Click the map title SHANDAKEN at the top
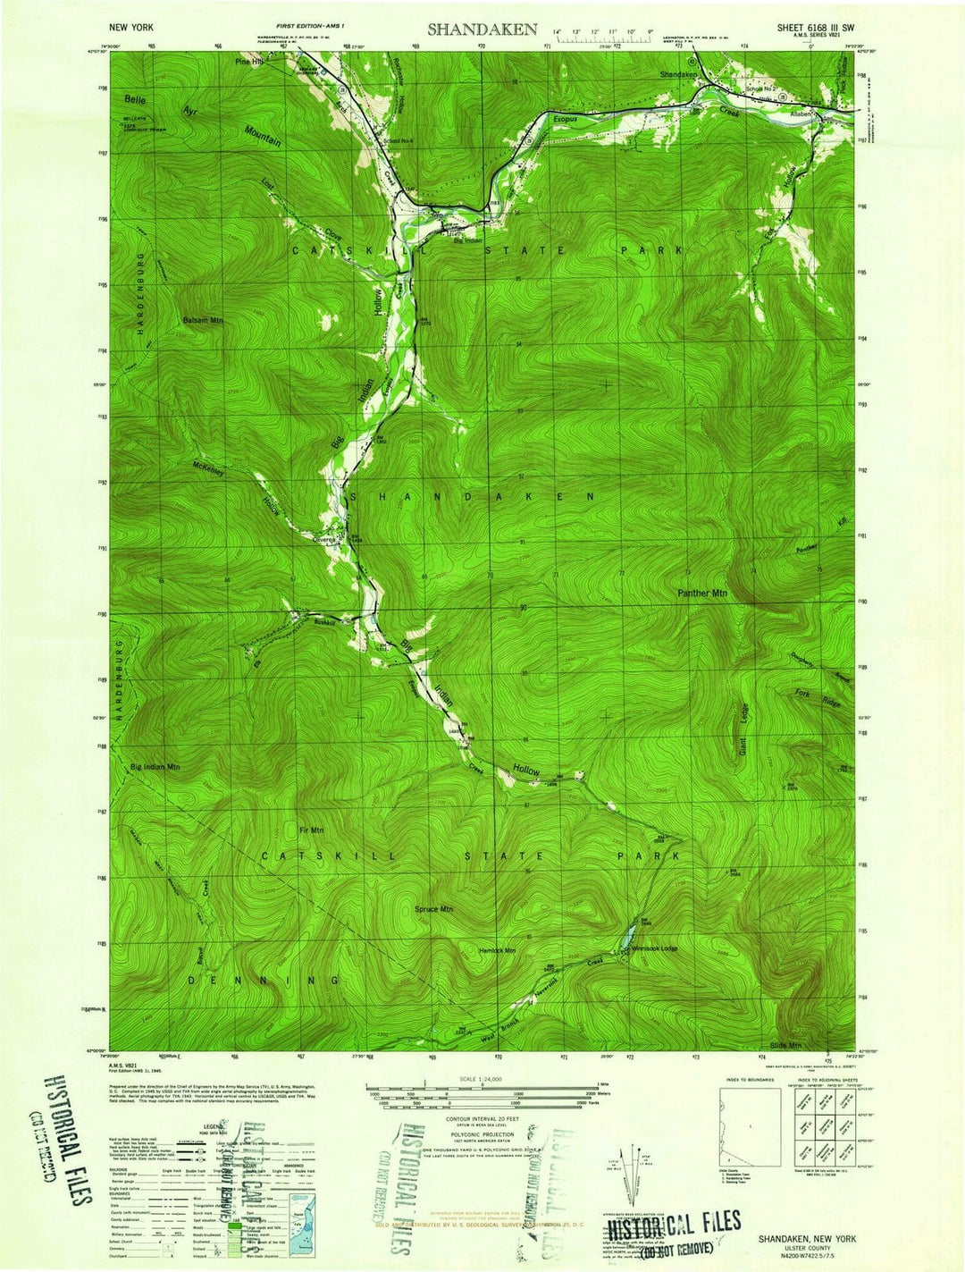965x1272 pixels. tap(482, 29)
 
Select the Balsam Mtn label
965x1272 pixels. tap(203, 319)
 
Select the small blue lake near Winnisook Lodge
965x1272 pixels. tap(628, 935)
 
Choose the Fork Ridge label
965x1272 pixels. tap(817, 699)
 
